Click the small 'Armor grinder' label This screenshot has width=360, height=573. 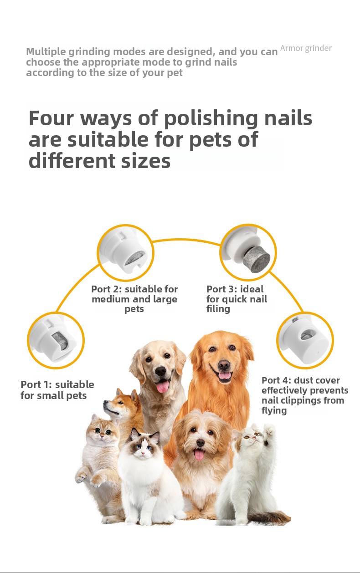[306, 48]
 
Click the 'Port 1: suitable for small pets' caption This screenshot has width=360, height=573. [57, 390]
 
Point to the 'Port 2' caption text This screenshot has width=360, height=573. [134, 299]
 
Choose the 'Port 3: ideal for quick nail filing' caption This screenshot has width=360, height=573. [237, 299]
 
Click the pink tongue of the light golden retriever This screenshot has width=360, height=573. [163, 385]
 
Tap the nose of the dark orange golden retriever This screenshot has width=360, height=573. [224, 365]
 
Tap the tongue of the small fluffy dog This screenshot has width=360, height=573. [199, 455]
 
